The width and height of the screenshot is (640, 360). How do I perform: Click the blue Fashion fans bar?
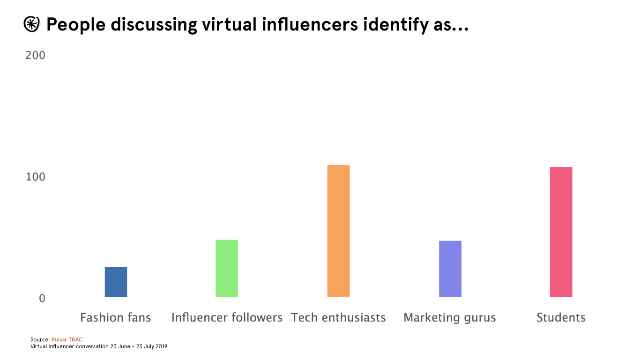click(x=116, y=282)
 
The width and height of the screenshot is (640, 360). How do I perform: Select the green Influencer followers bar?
click(x=227, y=269)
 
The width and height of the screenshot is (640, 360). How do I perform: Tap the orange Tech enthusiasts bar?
click(x=338, y=231)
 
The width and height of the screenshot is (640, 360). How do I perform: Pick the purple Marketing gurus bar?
click(x=450, y=269)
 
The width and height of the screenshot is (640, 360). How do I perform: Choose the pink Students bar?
click(x=561, y=232)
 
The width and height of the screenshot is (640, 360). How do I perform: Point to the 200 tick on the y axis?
click(x=36, y=55)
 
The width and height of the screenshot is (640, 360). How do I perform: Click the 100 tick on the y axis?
click(x=36, y=177)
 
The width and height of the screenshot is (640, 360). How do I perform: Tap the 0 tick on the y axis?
click(x=42, y=299)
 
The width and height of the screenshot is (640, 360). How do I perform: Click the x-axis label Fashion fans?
click(x=116, y=318)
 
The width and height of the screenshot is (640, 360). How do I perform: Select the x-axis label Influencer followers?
click(x=227, y=318)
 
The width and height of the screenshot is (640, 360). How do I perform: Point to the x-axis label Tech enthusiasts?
click(x=338, y=318)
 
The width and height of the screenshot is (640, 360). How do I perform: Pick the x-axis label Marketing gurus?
click(x=450, y=318)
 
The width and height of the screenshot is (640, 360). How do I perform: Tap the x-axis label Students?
click(x=561, y=318)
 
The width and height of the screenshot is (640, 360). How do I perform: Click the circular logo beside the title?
click(x=31, y=25)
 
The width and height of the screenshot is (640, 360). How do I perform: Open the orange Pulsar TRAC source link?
click(x=67, y=339)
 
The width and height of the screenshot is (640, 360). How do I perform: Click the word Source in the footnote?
click(x=39, y=339)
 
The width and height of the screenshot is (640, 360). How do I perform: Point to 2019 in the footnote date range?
click(x=161, y=347)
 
